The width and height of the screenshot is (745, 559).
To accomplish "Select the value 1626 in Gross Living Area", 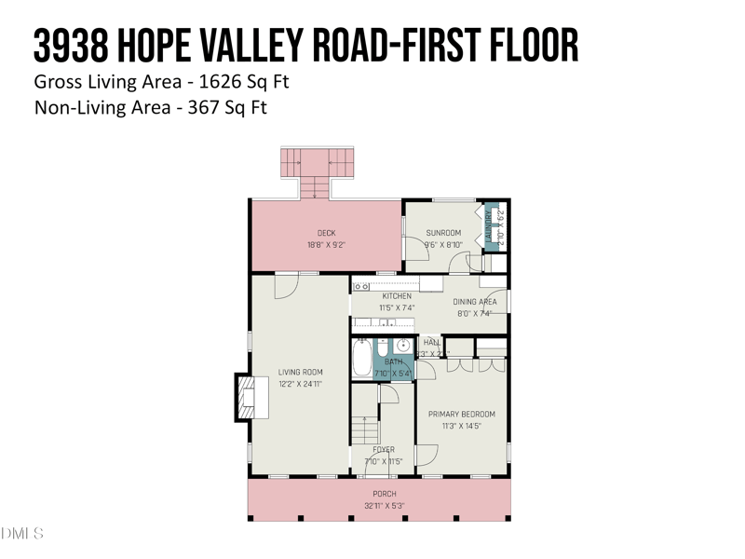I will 219,82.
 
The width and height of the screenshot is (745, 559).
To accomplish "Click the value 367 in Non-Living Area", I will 205,107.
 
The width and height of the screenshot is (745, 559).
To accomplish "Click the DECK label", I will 326,233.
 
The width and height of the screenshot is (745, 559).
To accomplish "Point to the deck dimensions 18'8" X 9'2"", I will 326,245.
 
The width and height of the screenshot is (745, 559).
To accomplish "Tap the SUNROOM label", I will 443,233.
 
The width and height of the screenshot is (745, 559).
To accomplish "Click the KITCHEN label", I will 396,296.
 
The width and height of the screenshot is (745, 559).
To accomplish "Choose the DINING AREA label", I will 475,302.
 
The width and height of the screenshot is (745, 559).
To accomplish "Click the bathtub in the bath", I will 361,358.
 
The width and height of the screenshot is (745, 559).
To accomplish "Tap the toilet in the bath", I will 382,347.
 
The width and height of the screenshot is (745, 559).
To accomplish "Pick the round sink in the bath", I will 403,346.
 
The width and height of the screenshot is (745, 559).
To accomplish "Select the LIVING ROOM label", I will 300,372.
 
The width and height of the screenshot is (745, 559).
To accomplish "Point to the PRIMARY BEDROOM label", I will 461,414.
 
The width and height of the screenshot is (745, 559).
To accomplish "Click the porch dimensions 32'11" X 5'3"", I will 384,506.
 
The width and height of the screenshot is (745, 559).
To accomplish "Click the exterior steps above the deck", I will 318,170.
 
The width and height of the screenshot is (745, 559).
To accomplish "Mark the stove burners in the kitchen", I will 361,286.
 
